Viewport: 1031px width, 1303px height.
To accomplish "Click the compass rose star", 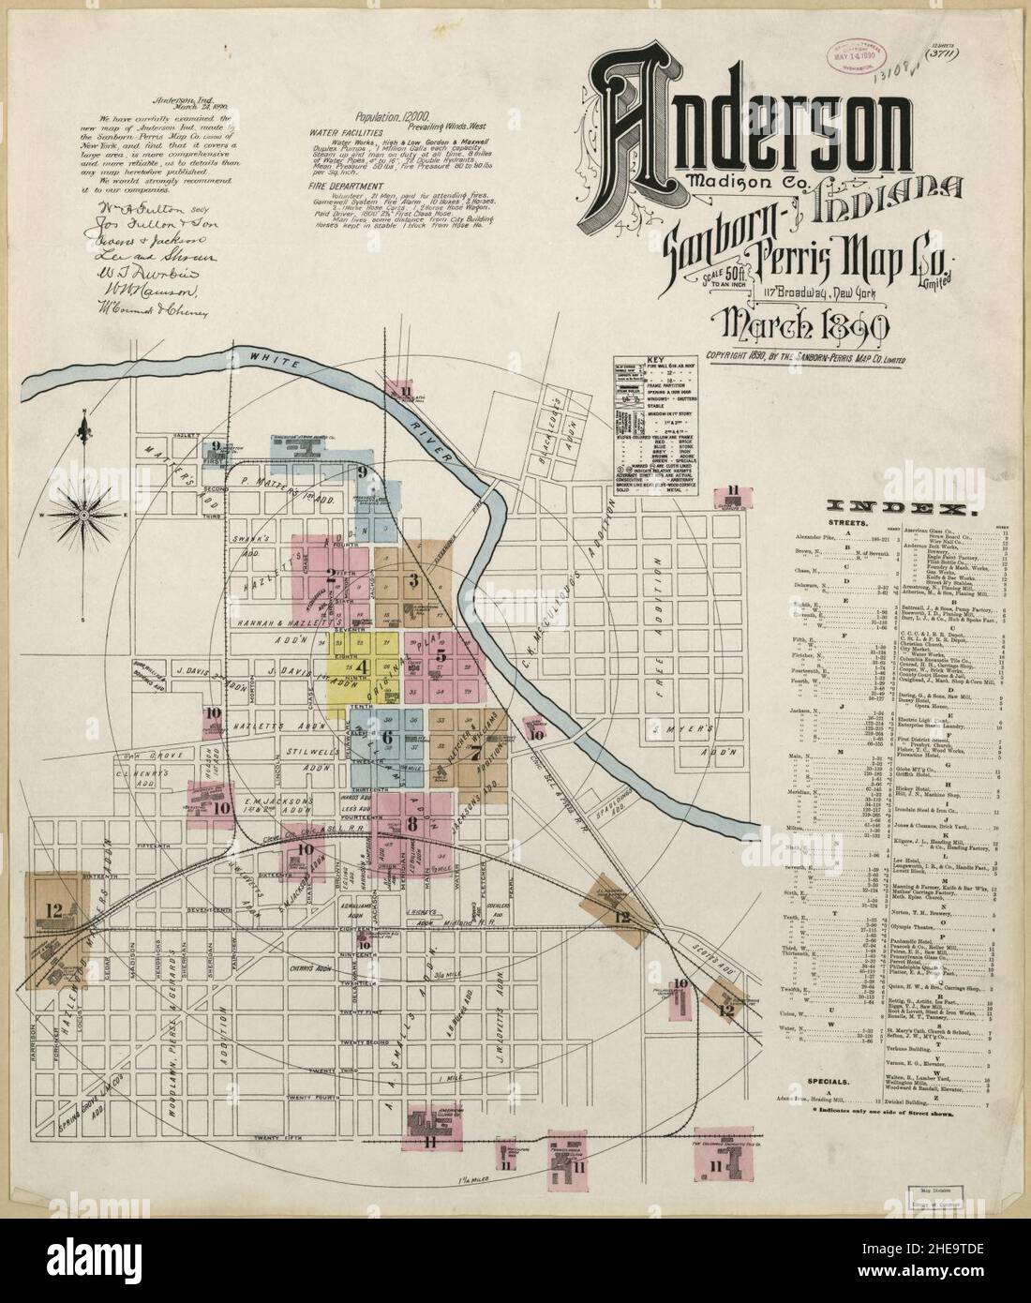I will coord(82,513).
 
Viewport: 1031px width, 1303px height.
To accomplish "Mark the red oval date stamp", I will coord(858,70).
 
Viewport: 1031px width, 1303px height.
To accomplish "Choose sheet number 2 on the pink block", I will coord(330,576).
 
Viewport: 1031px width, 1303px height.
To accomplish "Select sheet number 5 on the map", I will coord(441,655).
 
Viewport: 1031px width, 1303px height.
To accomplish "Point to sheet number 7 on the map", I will coord(475,753).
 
